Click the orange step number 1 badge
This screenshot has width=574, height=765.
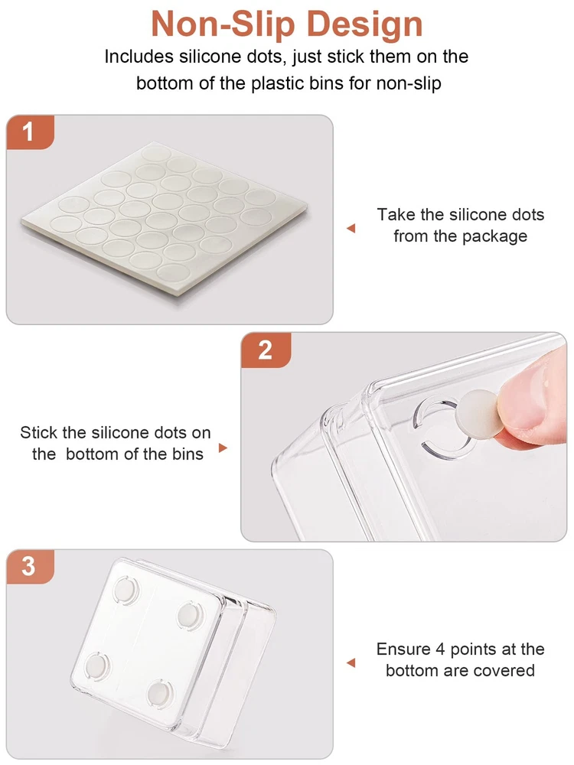coord(30,132)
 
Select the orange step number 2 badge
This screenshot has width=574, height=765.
coord(266,350)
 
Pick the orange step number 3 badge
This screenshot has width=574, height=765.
coord(30,566)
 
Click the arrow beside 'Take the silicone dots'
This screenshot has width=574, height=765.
coord(351,228)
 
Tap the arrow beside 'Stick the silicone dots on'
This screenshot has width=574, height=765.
coord(223,448)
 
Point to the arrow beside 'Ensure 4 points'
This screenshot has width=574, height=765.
coord(351,663)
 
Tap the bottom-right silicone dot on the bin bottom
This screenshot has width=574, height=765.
coord(160,693)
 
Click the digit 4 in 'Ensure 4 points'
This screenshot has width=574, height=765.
coord(440,649)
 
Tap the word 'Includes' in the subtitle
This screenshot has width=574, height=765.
coord(139,57)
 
